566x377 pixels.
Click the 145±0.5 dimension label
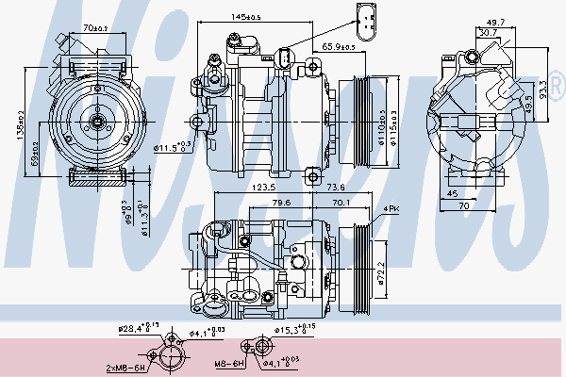[x=246, y=17]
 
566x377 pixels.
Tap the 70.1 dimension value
[x=340, y=201]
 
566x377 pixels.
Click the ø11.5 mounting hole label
[x=173, y=146]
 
